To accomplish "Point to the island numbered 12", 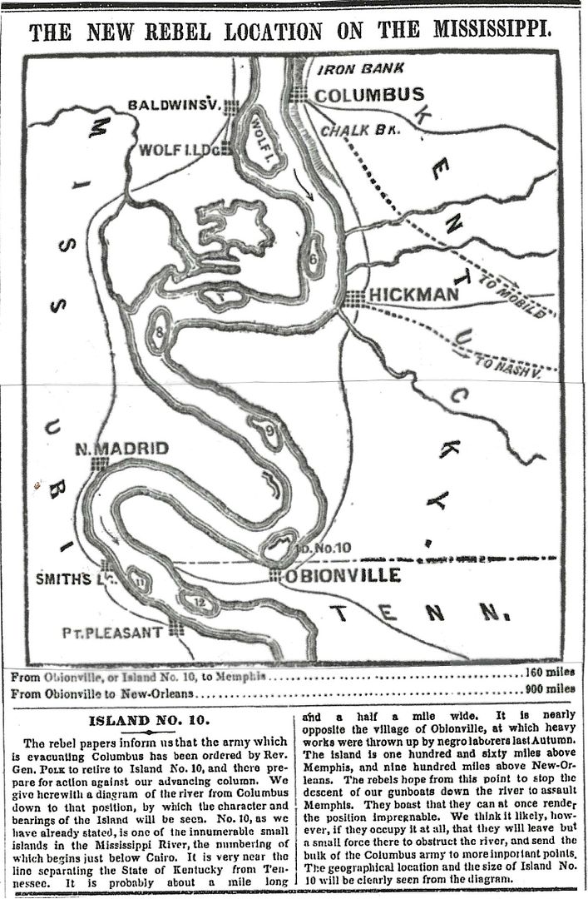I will [199, 601].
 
